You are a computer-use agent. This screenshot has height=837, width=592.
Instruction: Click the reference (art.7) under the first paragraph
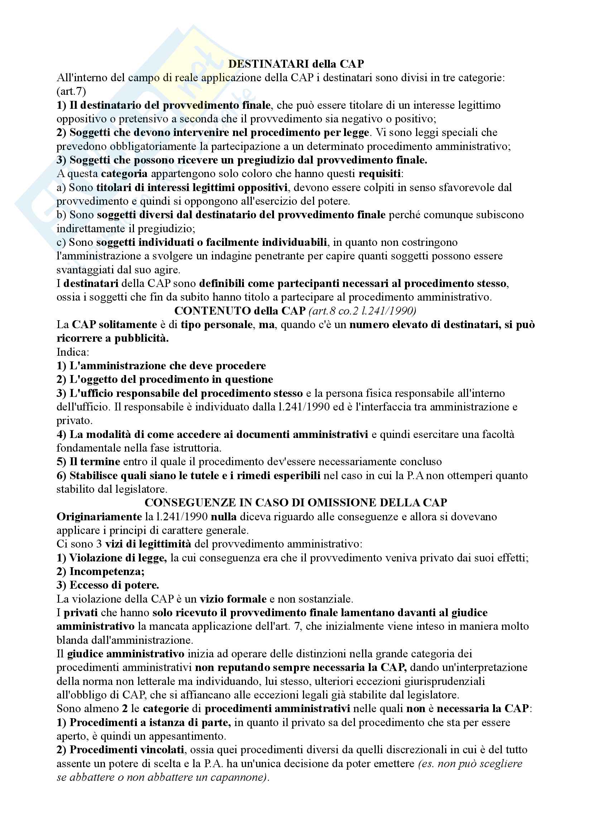[71, 92]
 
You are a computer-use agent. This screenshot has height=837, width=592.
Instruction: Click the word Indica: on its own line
[73, 352]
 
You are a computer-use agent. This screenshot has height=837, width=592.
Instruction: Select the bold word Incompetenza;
[107, 571]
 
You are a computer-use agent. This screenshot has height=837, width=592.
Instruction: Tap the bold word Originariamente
[99, 517]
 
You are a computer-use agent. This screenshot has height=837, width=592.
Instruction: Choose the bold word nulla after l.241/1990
[223, 517]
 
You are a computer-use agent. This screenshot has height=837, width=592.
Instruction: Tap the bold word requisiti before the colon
[379, 174]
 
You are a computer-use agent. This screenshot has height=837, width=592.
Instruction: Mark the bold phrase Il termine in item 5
[95, 462]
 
